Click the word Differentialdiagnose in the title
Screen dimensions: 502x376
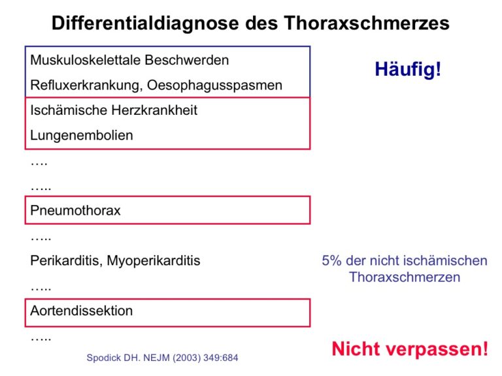pyautogui.click(x=145, y=23)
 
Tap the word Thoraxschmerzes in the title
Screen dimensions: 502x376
pyautogui.click(x=367, y=23)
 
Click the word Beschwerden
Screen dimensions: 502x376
pyautogui.click(x=187, y=60)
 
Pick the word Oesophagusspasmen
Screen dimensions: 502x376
pyautogui.click(x=215, y=86)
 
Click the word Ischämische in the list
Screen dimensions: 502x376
pyautogui.click(x=69, y=110)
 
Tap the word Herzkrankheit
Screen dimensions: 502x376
pyautogui.click(x=154, y=110)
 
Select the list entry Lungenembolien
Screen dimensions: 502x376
pyautogui.click(x=82, y=136)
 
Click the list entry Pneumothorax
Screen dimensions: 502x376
pyautogui.click(x=76, y=210)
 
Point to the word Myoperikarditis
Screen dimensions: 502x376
pyautogui.click(x=154, y=261)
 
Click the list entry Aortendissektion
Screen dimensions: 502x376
pyautogui.click(x=82, y=311)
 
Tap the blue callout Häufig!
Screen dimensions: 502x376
pyautogui.click(x=408, y=69)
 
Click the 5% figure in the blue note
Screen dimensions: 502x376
pyautogui.click(x=331, y=260)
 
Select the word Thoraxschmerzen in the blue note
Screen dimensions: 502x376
pyautogui.click(x=405, y=277)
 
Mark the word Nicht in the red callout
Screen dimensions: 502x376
pyautogui.click(x=355, y=349)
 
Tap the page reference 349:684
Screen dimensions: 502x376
pyautogui.click(x=220, y=358)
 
